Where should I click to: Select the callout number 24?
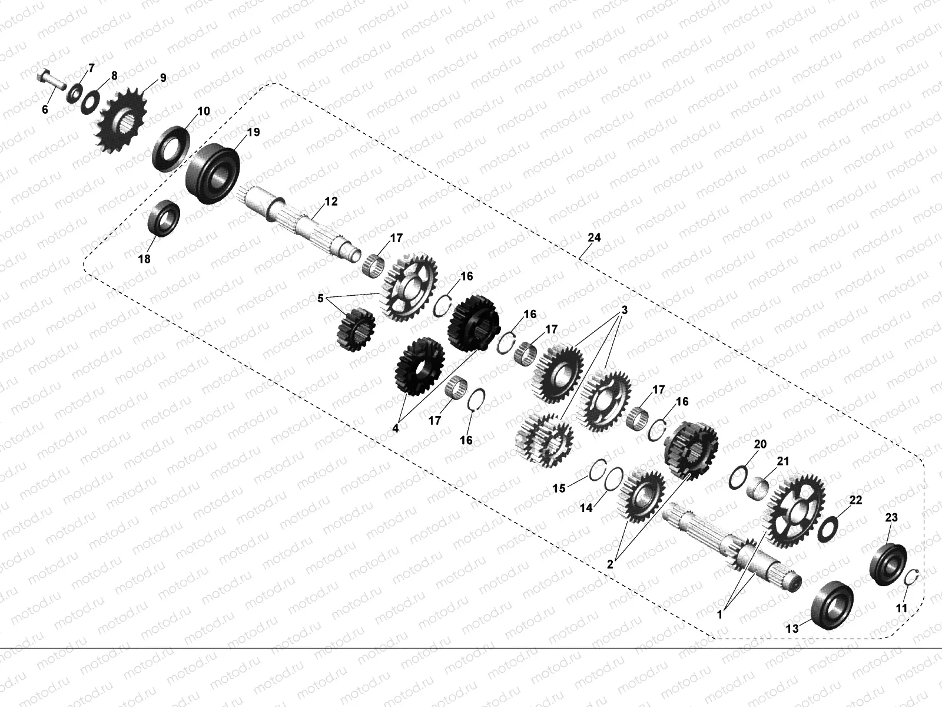(x=594, y=237)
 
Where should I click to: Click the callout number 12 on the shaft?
(x=331, y=201)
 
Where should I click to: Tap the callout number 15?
(x=559, y=488)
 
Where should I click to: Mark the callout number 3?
(x=624, y=310)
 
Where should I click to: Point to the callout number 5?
(x=321, y=299)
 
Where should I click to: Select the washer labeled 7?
(x=75, y=92)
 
